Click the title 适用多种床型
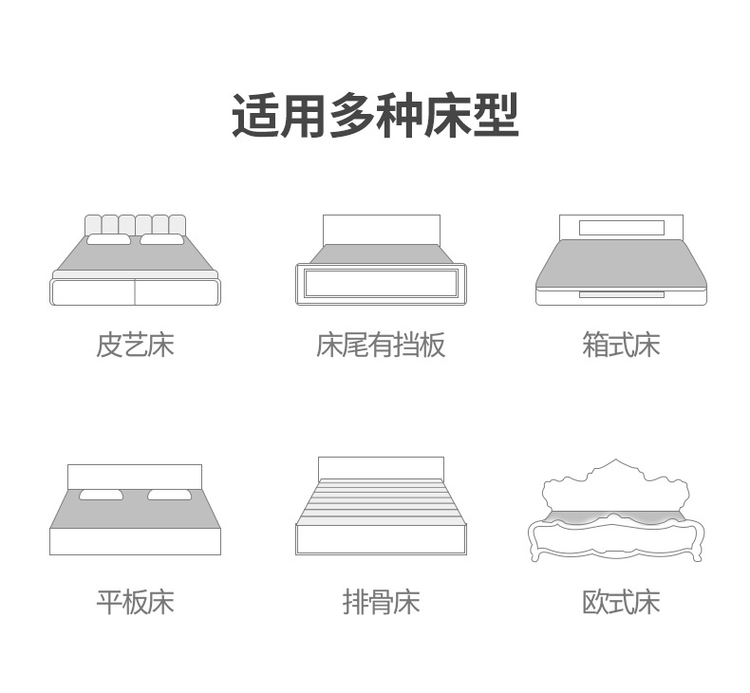[376, 116]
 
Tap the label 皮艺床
[135, 345]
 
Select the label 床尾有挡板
[381, 345]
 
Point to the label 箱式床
[621, 345]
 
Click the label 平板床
[135, 602]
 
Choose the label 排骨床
[382, 602]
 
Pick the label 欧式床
[621, 602]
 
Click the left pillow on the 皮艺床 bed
[108, 239]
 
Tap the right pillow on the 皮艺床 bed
[161, 239]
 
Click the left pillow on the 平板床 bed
[101, 495]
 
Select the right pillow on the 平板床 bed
[170, 495]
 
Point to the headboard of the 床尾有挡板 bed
[382, 230]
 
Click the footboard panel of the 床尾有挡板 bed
[382, 283]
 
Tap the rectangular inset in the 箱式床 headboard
[621, 228]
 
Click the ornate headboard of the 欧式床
[615, 488]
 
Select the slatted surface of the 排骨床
[382, 501]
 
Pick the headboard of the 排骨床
[382, 468]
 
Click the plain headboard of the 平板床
[135, 477]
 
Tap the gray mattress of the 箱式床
[621, 265]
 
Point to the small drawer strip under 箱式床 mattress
[621, 294]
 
